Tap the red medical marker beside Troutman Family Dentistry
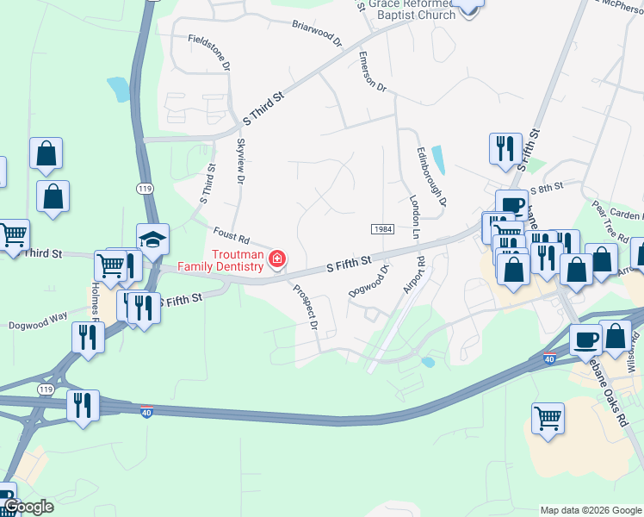click(277, 258)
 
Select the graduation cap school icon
click(152, 240)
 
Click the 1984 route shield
click(383, 228)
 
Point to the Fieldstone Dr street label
click(210, 52)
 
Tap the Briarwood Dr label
click(316, 34)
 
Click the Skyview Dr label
click(240, 159)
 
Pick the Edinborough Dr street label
click(431, 177)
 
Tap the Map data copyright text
click(590, 509)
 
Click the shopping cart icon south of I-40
click(548, 420)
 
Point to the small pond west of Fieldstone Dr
click(117, 87)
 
